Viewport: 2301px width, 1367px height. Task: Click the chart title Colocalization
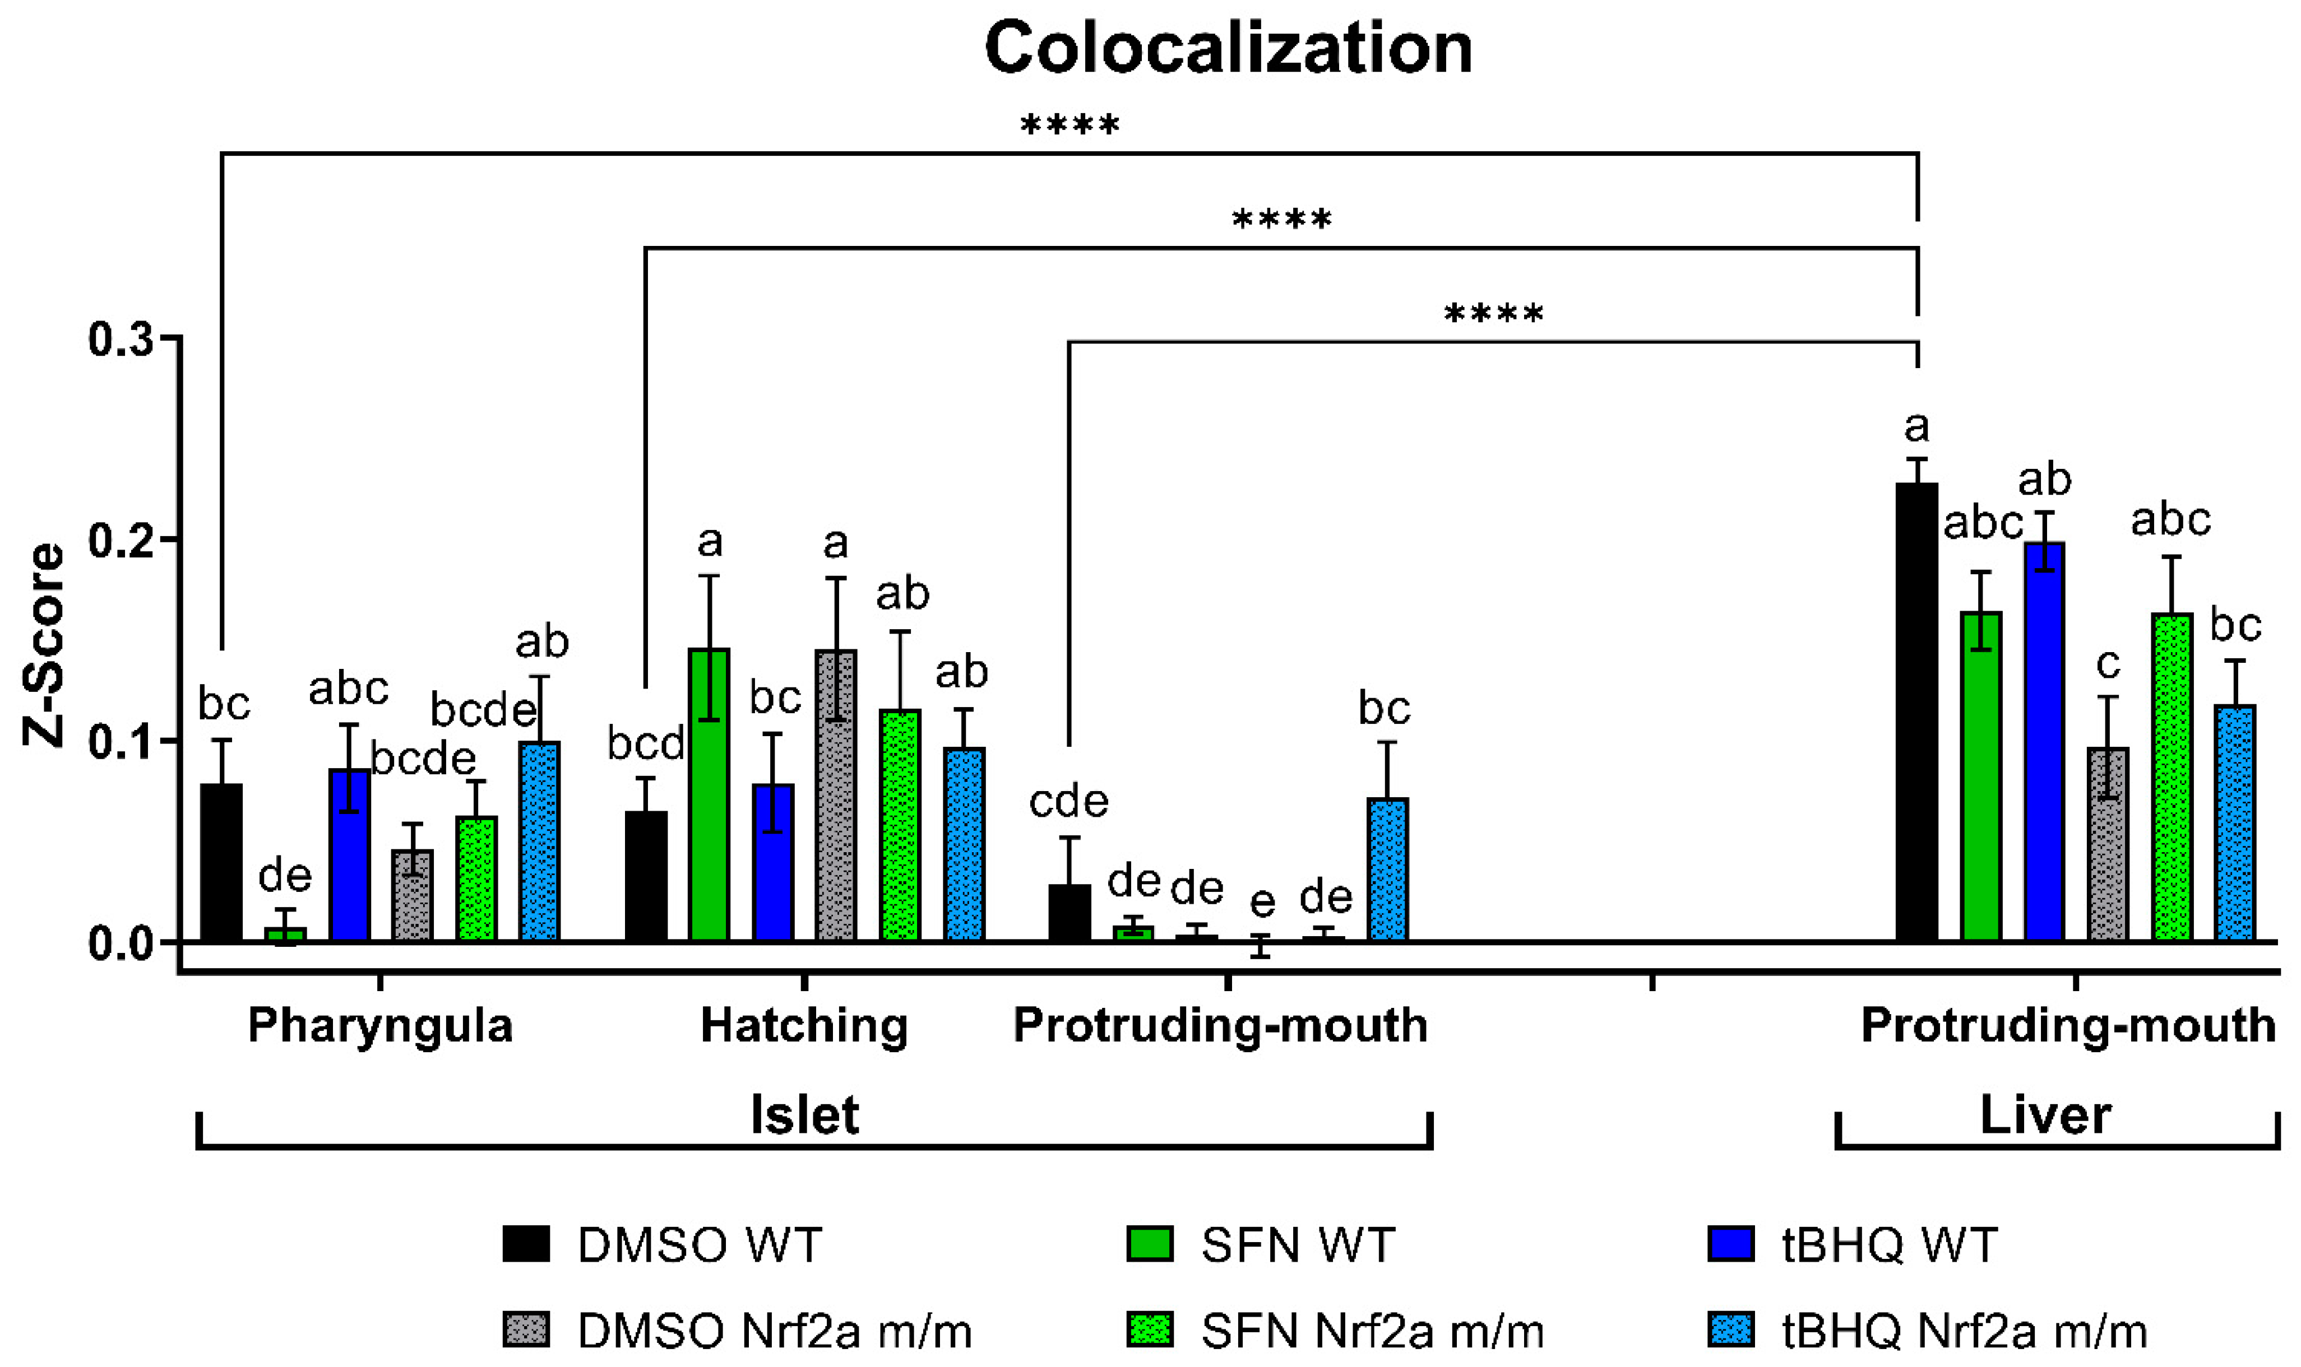1228,48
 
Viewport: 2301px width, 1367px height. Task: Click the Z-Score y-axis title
43,645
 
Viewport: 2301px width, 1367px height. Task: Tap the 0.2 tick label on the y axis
121,540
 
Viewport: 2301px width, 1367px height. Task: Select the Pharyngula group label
379,1025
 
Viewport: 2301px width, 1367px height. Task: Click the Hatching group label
804,1025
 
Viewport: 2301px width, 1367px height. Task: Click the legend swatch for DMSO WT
526,1244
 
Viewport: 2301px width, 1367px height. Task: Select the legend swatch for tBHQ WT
1730,1244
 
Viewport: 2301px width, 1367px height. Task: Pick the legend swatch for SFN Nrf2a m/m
1150,1329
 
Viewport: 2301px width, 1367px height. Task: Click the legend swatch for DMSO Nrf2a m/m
526,1329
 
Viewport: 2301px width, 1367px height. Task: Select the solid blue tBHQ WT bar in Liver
2044,742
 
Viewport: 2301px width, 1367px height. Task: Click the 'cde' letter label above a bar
1068,801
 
